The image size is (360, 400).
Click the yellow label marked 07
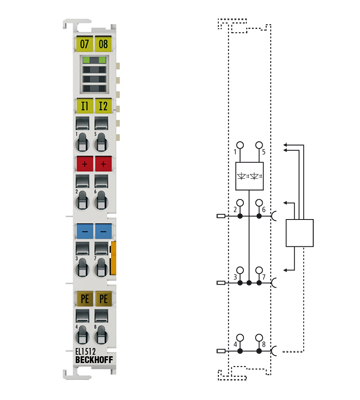click(83, 44)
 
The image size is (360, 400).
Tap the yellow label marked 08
click(102, 44)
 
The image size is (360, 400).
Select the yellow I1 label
click(83, 104)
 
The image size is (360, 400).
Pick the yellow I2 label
click(103, 104)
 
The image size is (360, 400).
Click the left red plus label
click(83, 163)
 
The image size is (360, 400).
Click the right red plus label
click(103, 163)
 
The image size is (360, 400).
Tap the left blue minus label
click(83, 231)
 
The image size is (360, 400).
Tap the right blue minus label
click(103, 231)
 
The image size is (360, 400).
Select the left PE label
click(83, 298)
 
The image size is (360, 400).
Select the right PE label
click(103, 298)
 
